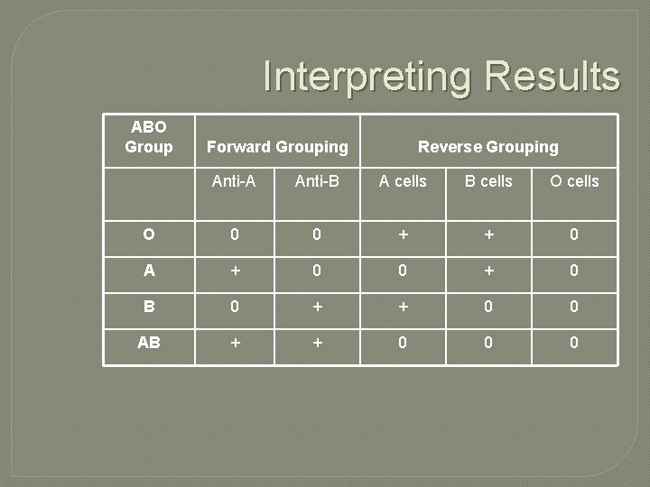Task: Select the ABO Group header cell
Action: (x=149, y=136)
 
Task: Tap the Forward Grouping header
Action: (x=277, y=146)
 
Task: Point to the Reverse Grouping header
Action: (x=487, y=146)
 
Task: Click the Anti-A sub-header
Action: (x=234, y=181)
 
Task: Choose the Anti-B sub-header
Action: (x=317, y=181)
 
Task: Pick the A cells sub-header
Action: (x=403, y=181)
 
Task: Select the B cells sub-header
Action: (x=488, y=181)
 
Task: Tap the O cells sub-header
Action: (x=574, y=181)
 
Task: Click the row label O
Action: (x=149, y=234)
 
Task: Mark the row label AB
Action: (x=149, y=343)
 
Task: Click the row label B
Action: (x=149, y=307)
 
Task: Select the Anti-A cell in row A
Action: (x=234, y=271)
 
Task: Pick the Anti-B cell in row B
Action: (x=317, y=307)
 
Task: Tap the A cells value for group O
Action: (x=403, y=234)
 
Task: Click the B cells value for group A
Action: (x=488, y=271)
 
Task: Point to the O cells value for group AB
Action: (x=574, y=343)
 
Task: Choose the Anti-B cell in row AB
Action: (x=317, y=343)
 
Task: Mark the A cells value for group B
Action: (x=403, y=307)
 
